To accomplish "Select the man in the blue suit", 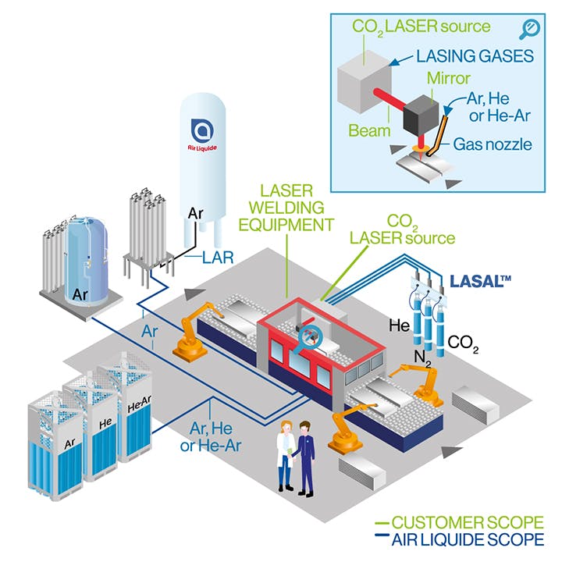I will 304,457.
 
